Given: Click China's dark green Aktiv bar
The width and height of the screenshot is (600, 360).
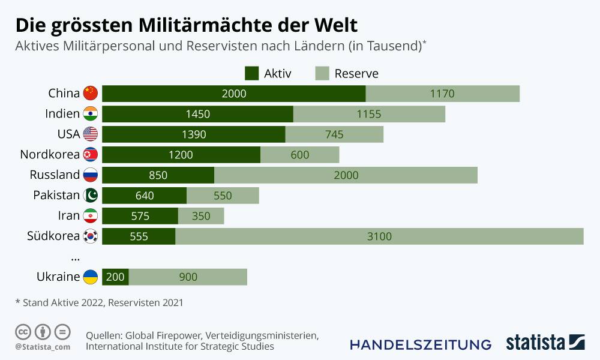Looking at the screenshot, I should tap(234, 94).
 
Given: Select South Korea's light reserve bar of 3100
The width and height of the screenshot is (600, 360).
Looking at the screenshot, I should tap(379, 236).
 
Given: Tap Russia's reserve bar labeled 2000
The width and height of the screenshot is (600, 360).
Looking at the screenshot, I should tap(346, 175).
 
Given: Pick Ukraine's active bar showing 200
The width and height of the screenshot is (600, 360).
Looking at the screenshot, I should tap(115, 277).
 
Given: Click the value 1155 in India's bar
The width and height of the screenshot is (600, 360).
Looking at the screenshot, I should tap(368, 114).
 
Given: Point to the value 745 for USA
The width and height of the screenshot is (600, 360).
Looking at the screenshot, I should tap(334, 134).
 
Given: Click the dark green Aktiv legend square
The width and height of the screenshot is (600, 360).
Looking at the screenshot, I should tap(251, 74).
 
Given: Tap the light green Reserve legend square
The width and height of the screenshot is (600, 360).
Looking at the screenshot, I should tap(322, 74).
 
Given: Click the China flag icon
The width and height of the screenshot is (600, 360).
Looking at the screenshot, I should tap(90, 94).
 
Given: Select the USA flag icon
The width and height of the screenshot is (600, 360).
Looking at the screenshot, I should tap(90, 134).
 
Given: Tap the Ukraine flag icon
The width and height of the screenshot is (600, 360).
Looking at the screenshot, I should tap(90, 277).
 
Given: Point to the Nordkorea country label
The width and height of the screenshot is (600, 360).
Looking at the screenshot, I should tap(50, 155).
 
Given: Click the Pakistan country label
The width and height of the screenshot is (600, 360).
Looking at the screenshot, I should tap(56, 196).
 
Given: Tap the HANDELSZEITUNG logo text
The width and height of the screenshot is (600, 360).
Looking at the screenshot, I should tap(421, 344).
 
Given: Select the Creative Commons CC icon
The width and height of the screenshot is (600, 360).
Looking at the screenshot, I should tap(23, 331).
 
